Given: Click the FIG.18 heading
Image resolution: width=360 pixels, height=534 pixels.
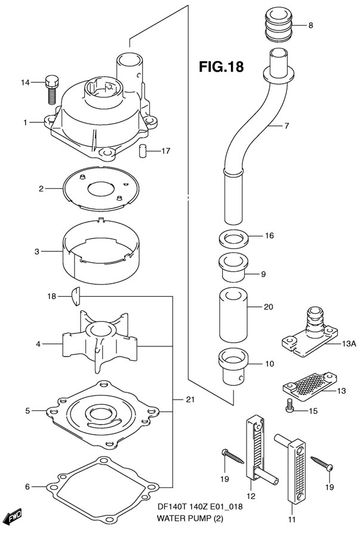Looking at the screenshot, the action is (221, 66).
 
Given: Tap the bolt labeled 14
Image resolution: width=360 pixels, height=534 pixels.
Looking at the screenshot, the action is (51, 89).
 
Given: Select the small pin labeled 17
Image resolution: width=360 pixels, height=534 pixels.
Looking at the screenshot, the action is (142, 150).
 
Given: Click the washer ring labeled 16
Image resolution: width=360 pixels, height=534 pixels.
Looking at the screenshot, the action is (233, 239).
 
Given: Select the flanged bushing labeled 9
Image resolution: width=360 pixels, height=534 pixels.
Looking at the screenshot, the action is (233, 268).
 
